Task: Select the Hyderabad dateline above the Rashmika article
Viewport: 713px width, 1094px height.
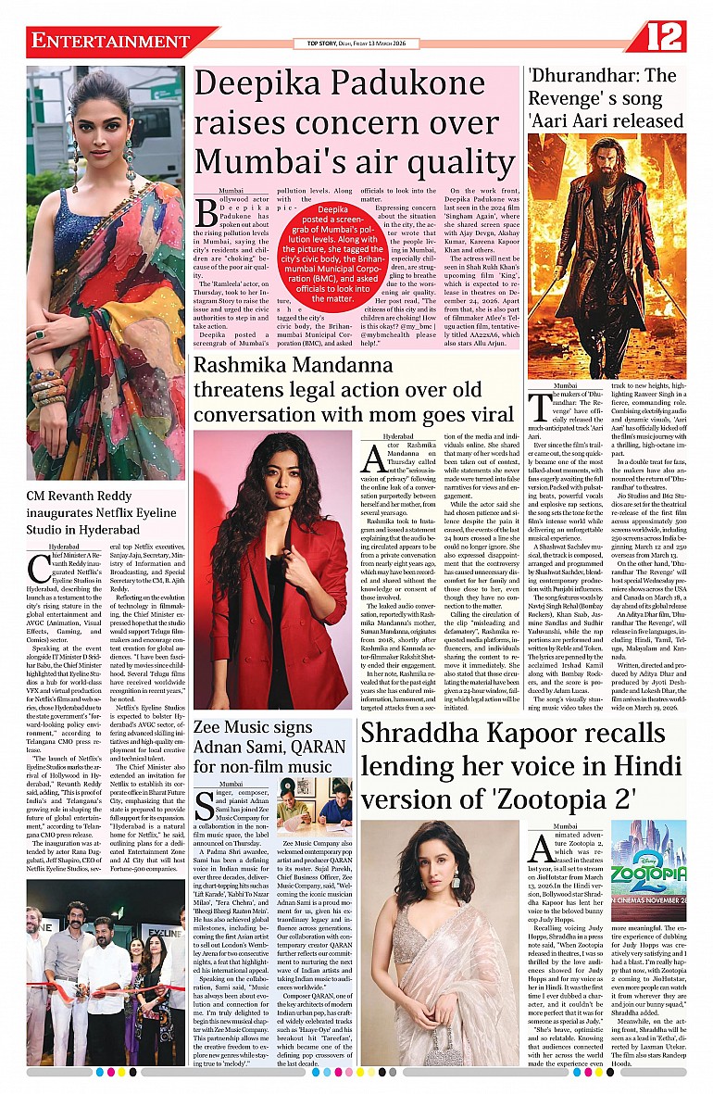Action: (398, 435)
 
